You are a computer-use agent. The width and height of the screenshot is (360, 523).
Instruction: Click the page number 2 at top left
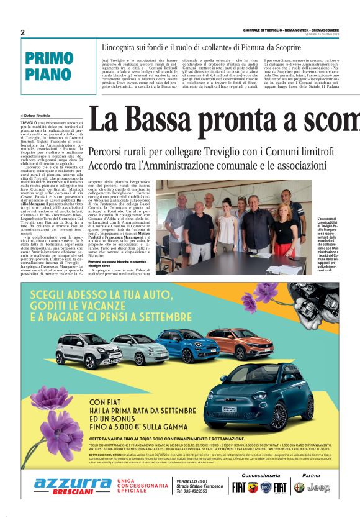(x=22, y=32)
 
